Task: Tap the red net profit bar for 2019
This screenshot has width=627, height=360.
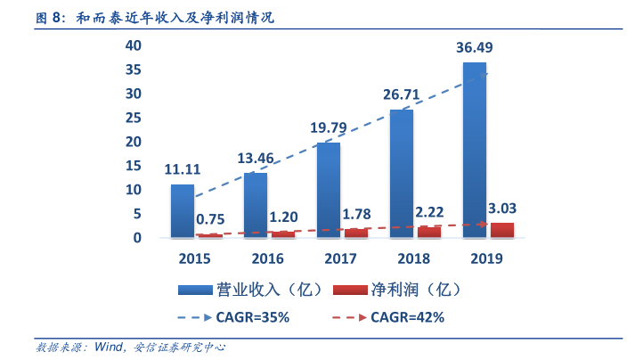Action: pos(501,230)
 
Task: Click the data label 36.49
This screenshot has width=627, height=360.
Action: pos(474,47)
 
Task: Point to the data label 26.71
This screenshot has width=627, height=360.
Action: pos(401,94)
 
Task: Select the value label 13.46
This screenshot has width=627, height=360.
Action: pos(256,159)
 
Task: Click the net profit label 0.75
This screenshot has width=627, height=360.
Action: pos(209,219)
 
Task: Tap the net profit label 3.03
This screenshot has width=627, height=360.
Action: pos(502,209)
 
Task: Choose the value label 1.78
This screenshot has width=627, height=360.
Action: pos(356,214)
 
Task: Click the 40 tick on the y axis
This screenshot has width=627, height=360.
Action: pos(134,45)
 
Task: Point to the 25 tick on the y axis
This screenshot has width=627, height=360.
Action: pos(134,118)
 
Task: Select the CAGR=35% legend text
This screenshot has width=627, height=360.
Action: pos(252,316)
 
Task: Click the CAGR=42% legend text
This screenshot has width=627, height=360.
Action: pos(407,316)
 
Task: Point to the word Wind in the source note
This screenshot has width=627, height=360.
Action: pos(110,348)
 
